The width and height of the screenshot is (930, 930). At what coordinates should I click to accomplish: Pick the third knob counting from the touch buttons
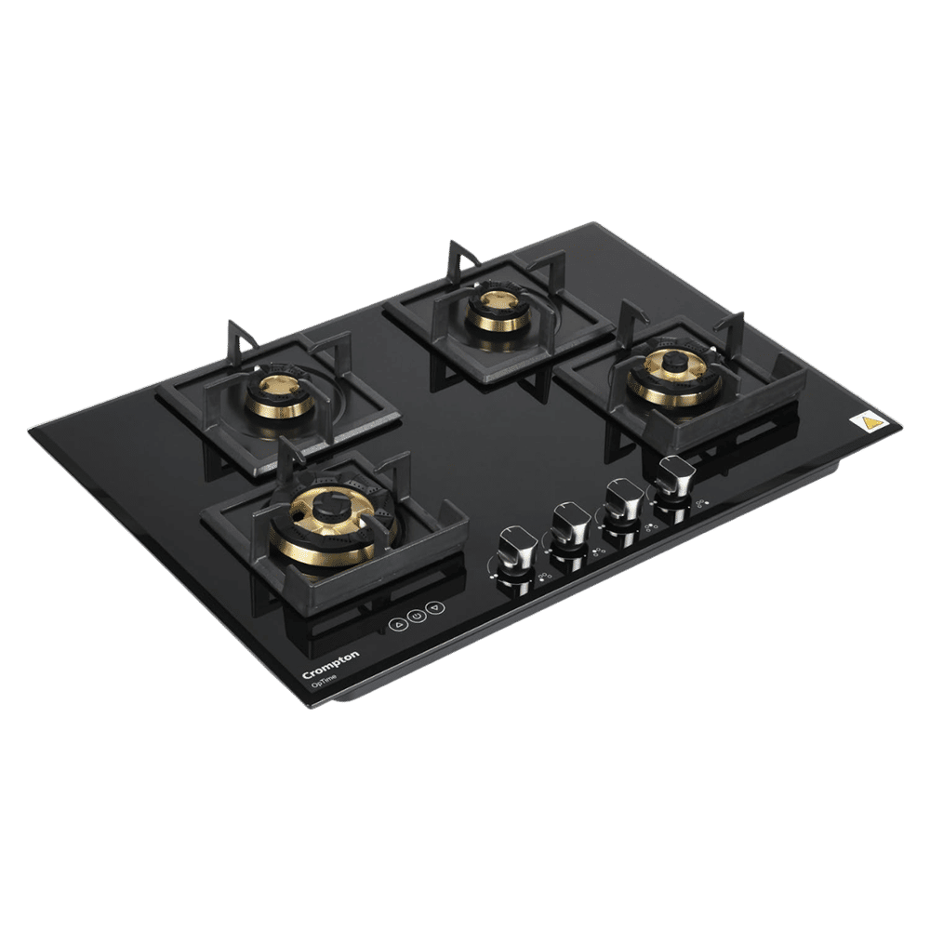621,503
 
